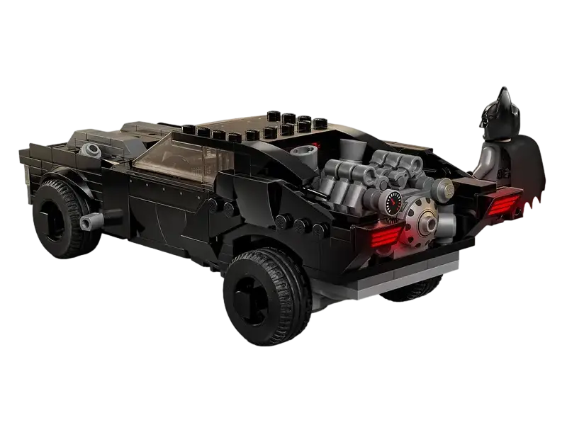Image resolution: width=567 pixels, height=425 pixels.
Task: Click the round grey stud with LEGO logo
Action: pos(444,187)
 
